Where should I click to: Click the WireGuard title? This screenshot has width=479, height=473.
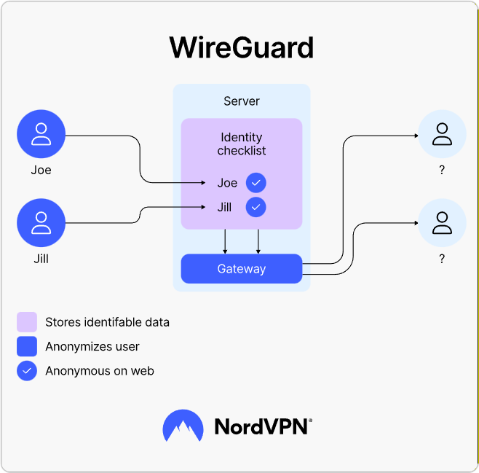(242, 47)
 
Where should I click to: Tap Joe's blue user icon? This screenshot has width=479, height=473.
(41, 134)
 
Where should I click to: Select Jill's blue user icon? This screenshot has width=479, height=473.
(41, 222)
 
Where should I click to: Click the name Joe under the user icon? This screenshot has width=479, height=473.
(41, 170)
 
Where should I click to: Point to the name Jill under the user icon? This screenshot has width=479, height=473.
(41, 259)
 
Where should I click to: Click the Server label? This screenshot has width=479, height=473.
(242, 101)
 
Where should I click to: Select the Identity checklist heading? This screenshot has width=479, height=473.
(242, 144)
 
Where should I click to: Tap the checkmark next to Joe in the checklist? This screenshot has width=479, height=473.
(256, 183)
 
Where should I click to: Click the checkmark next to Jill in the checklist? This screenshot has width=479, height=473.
(256, 207)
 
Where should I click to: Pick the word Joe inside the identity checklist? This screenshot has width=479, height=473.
(227, 183)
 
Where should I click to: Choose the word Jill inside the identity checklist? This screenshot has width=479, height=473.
(224, 207)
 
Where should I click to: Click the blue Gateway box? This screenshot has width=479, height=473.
(242, 269)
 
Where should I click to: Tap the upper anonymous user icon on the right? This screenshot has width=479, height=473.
(442, 134)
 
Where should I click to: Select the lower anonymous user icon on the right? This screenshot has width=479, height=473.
(442, 222)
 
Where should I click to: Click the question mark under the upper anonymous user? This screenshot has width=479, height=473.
(442, 170)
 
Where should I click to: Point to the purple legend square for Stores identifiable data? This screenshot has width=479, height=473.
(27, 322)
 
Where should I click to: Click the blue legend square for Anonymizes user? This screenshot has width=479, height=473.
(27, 346)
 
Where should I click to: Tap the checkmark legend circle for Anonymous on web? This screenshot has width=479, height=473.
(27, 371)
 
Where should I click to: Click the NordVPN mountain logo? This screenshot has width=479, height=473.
(183, 426)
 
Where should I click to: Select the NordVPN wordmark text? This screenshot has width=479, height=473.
(263, 426)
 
